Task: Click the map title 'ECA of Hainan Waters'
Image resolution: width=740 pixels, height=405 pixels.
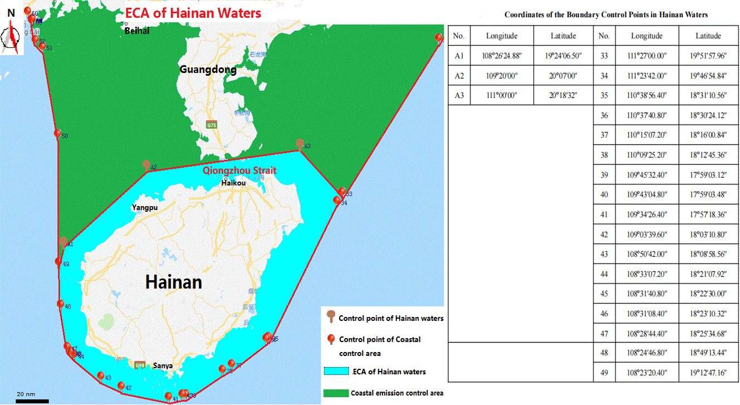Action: coord(193,13)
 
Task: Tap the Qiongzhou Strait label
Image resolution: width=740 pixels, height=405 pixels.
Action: coord(239,170)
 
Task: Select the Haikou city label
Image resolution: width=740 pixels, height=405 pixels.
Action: coord(233,183)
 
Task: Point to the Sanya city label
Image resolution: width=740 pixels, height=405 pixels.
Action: coord(163,366)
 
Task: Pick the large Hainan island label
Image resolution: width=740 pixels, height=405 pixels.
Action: coord(173,282)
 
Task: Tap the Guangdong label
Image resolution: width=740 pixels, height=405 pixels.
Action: coord(208,70)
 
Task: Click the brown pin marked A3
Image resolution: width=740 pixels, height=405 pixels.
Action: coord(300,144)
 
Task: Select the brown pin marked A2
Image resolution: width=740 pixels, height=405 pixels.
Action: coord(146,164)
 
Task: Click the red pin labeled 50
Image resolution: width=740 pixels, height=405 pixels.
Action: coord(57,133)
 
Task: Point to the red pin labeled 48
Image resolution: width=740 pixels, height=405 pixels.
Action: coord(61,304)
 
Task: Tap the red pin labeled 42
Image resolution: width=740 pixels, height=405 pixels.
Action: coord(121,386)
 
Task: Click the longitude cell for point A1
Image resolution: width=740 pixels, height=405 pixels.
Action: coord(502,55)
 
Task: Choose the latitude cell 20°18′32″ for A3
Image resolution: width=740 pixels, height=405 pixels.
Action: coord(563,95)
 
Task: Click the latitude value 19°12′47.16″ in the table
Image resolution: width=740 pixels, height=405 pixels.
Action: coord(708,372)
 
